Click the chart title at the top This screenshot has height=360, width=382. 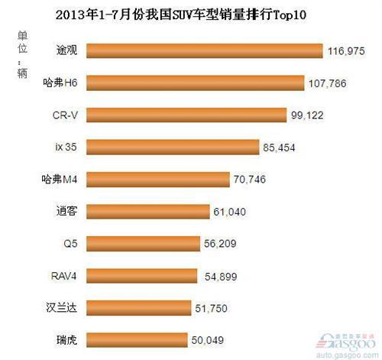[191, 14]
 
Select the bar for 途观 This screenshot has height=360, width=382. [203, 51]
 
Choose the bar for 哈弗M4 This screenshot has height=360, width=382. [157, 178]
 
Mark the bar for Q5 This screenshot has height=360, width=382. [142, 242]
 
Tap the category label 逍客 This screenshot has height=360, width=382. [66, 210]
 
